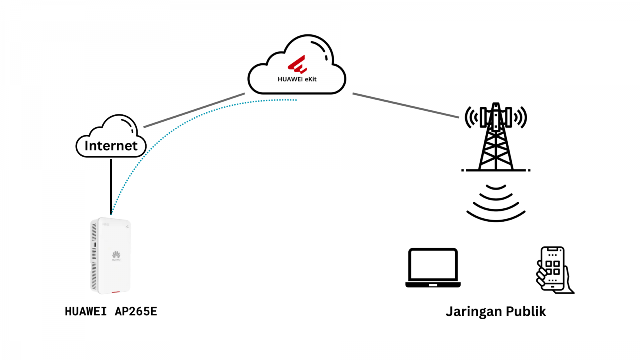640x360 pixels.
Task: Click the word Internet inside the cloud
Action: pyautogui.click(x=111, y=146)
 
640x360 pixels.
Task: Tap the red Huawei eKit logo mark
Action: pyautogui.click(x=297, y=65)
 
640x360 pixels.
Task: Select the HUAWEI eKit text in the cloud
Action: pyautogui.click(x=297, y=79)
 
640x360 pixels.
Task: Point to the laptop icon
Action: pyautogui.click(x=433, y=268)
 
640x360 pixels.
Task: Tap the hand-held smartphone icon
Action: pyautogui.click(x=554, y=270)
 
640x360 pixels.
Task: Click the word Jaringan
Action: pyautogui.click(x=474, y=312)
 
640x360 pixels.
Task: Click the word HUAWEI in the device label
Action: pyautogui.click(x=86, y=311)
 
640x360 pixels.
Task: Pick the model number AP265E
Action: pyautogui.click(x=136, y=311)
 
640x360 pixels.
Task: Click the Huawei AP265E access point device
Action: pyautogui.click(x=111, y=256)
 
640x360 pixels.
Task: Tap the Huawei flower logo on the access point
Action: pyautogui.click(x=116, y=254)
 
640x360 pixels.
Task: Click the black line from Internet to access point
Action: pyautogui.click(x=111, y=186)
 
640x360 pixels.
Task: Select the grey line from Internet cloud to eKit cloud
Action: pyautogui.click(x=194, y=110)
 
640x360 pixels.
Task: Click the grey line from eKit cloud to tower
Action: pyautogui.click(x=405, y=105)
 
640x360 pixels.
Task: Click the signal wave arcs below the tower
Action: pyautogui.click(x=496, y=204)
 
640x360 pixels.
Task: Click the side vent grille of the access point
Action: pyautogui.click(x=94, y=256)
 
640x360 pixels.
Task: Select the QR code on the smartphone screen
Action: pyautogui.click(x=552, y=267)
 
